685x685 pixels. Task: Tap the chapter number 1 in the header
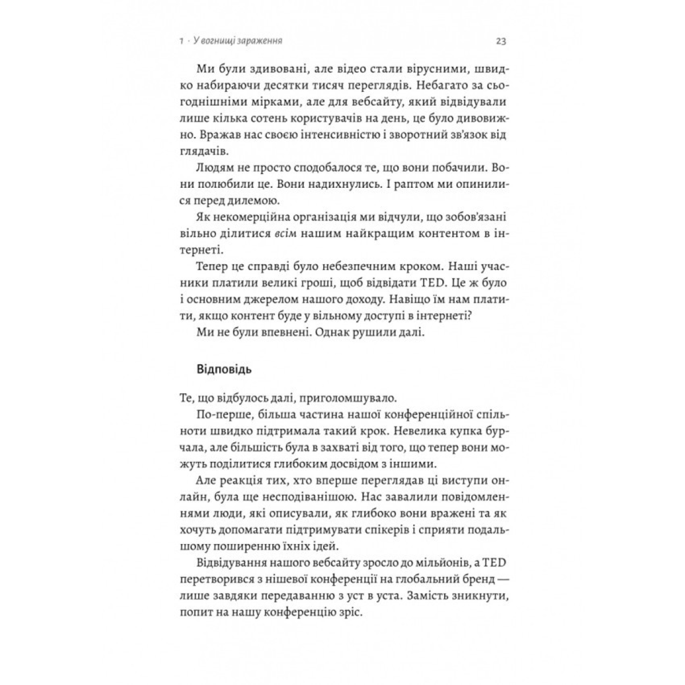coord(180,41)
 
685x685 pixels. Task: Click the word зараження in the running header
coord(261,41)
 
